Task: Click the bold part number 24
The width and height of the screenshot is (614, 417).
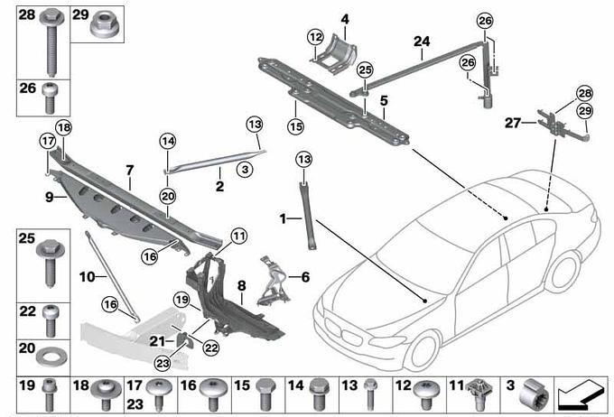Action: (422, 42)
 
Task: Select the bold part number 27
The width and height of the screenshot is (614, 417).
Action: (513, 124)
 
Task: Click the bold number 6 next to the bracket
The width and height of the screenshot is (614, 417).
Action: (304, 277)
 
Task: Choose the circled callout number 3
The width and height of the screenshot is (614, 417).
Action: (242, 169)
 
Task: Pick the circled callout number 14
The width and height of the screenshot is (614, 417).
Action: (166, 141)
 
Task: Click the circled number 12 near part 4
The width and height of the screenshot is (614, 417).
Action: (314, 37)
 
